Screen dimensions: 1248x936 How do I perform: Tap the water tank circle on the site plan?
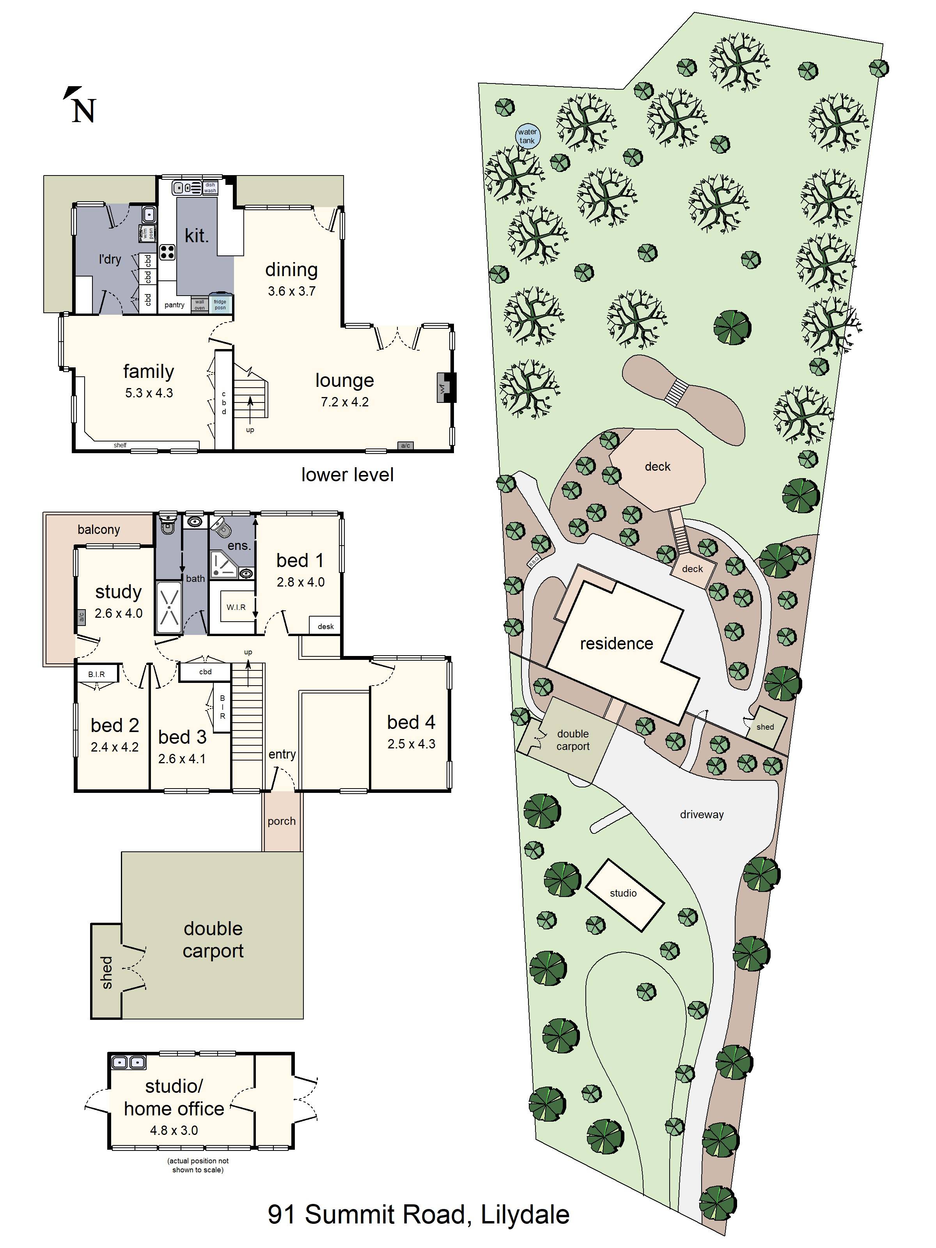(528, 136)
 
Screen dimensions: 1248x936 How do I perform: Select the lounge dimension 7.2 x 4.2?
(344, 402)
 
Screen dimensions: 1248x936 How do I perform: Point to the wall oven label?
(200, 305)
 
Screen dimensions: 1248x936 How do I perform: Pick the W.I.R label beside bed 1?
(236, 607)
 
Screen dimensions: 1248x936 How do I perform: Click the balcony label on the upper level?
(99, 530)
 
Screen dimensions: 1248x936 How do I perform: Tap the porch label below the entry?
(282, 821)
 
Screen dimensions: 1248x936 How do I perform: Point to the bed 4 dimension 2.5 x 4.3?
(411, 744)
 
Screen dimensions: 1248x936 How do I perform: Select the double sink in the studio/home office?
(128, 1063)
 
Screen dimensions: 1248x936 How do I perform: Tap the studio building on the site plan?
(624, 895)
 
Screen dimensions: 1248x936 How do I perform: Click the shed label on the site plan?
(765, 727)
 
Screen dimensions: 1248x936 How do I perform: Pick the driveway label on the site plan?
(701, 815)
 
